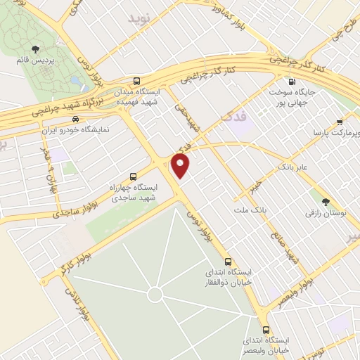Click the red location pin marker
click(x=181, y=166)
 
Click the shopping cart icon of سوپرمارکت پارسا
click(x=341, y=121)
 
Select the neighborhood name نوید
click(x=139, y=19)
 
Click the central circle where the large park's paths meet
click(x=155, y=293)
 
